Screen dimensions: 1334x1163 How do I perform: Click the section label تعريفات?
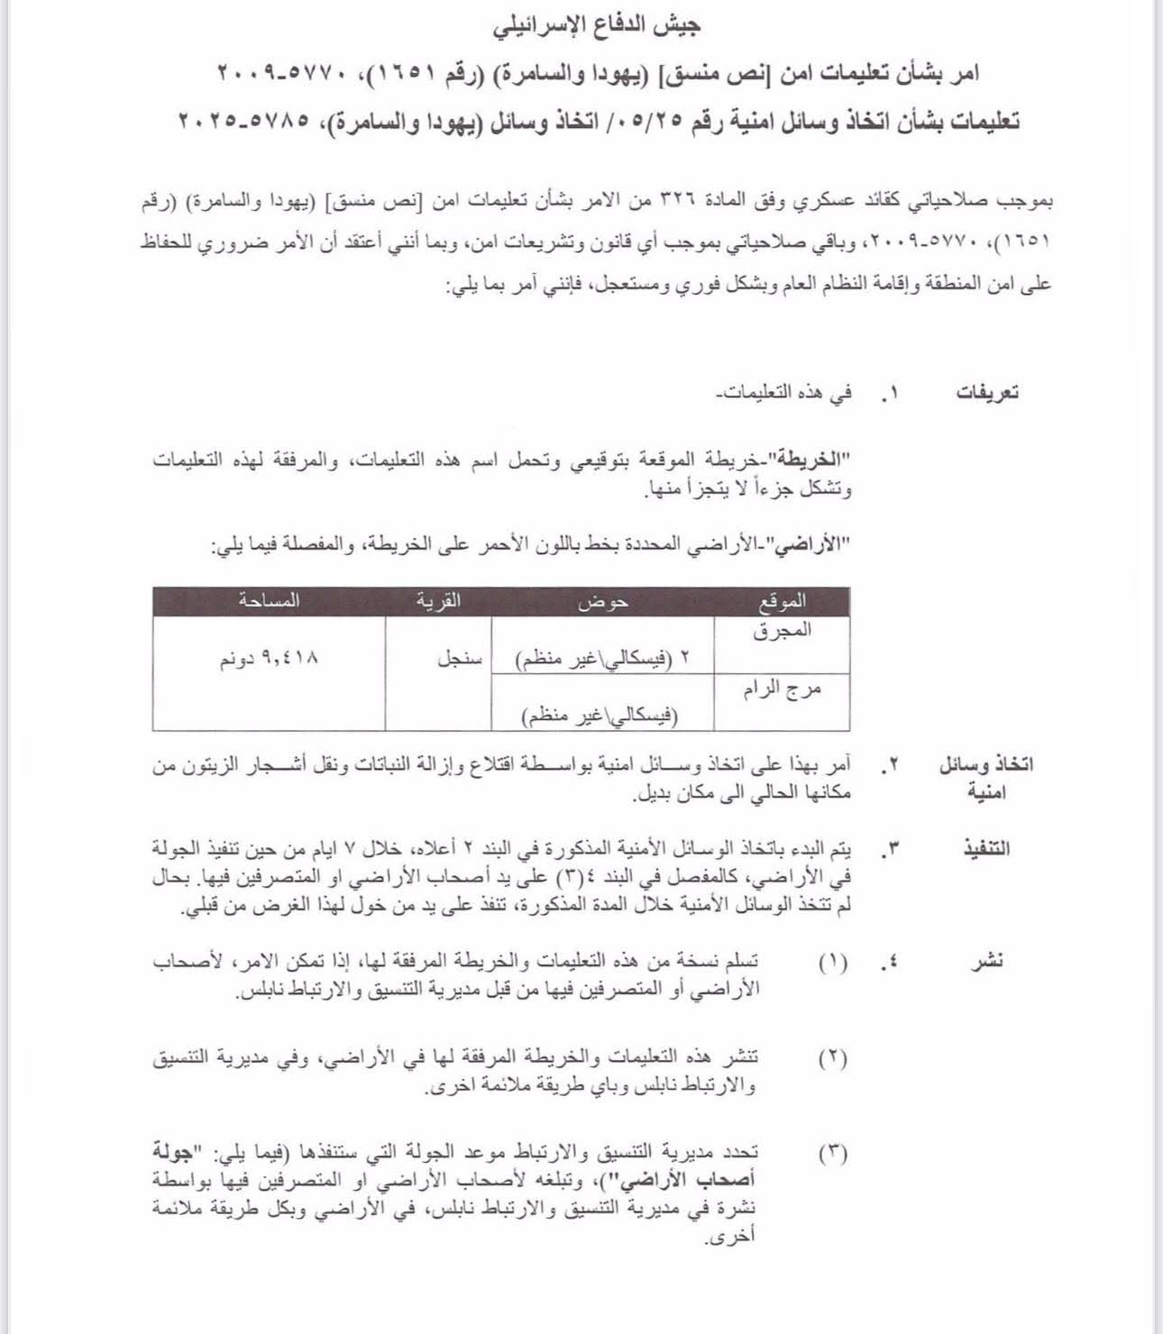point(987,393)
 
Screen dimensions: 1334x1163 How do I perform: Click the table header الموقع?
point(782,600)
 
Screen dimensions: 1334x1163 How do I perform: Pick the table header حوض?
point(602,600)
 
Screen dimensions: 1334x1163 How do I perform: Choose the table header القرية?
point(438,600)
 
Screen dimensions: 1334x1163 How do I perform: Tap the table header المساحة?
point(269,600)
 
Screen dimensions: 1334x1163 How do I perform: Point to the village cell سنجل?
point(460,659)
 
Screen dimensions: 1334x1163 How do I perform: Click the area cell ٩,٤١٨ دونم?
point(269,659)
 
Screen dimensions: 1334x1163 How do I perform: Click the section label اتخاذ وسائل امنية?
point(986,778)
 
